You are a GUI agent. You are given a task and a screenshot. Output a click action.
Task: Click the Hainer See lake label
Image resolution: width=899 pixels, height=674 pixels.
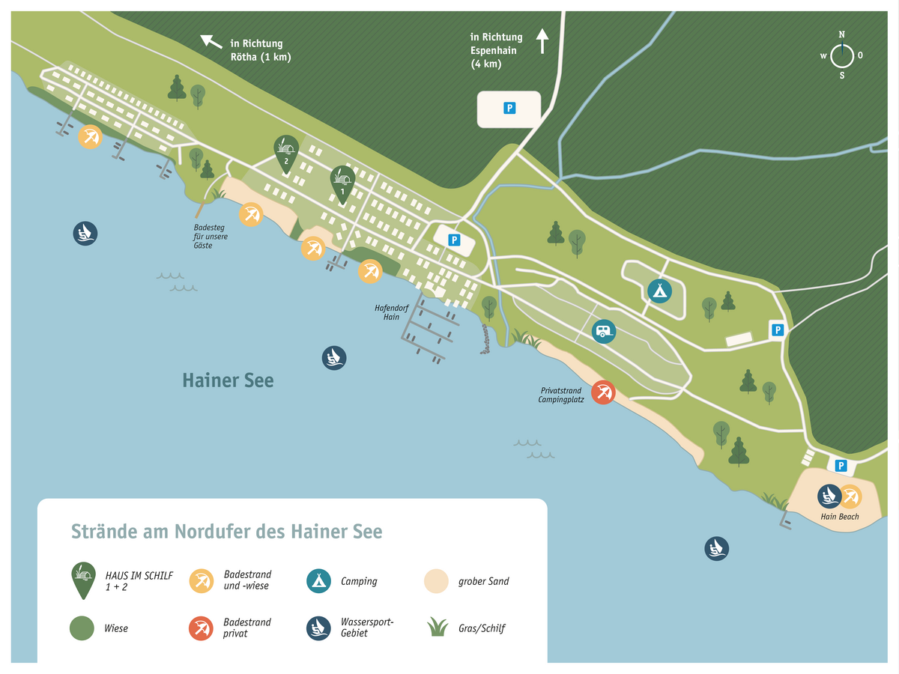(228, 380)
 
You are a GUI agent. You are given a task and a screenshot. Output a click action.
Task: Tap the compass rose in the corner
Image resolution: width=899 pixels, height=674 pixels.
(841, 55)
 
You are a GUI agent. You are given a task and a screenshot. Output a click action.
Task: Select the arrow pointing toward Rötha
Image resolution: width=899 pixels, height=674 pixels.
(211, 41)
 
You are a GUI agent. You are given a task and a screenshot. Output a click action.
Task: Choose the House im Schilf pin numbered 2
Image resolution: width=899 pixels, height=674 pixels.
(285, 153)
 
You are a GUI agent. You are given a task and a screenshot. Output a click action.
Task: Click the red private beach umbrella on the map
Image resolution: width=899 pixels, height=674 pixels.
(603, 392)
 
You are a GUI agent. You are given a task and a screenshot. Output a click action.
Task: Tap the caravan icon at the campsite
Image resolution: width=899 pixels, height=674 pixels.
(604, 330)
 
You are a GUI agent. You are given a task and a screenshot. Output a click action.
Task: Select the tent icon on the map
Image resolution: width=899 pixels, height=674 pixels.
(659, 290)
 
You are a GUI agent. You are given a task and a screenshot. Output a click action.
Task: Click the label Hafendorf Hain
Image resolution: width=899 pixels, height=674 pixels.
(387, 312)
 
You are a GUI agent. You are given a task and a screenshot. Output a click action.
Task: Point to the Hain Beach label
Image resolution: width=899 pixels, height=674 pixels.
(839, 517)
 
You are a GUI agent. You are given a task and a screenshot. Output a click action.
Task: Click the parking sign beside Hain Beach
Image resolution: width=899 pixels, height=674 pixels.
(841, 466)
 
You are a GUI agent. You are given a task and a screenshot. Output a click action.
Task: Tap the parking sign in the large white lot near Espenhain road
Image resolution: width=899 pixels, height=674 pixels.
(509, 109)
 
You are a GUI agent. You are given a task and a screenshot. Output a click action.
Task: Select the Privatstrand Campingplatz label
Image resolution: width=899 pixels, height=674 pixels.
(561, 395)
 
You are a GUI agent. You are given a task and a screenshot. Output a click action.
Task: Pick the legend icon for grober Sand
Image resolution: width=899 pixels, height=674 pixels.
(436, 581)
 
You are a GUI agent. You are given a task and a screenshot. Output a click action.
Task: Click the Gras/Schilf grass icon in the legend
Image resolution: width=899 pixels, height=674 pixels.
(436, 627)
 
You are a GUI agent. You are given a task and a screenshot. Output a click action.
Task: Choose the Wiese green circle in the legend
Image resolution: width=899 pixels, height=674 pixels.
(82, 628)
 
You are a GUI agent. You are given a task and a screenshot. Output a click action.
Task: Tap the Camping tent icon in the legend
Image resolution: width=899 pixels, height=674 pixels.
(318, 581)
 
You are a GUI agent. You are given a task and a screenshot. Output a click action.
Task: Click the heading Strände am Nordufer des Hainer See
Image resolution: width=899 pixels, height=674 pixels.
(226, 532)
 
